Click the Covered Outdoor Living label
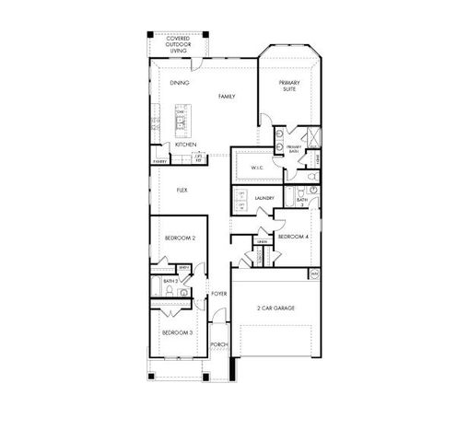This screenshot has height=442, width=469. pyautogui.click(x=178, y=45)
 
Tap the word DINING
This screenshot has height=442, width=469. pyautogui.click(x=179, y=83)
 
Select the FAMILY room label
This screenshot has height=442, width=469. pyautogui.click(x=227, y=96)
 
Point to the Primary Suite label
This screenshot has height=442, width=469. pyautogui.click(x=290, y=85)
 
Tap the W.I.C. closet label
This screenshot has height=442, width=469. pyautogui.click(x=255, y=167)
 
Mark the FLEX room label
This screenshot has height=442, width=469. pyautogui.click(x=182, y=191)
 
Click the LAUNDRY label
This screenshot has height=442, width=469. pyautogui.click(x=265, y=198)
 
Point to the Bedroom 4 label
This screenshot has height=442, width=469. pyautogui.click(x=291, y=237)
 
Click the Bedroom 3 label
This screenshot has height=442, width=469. pyautogui.click(x=177, y=331)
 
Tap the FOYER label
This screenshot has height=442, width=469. pyautogui.click(x=219, y=294)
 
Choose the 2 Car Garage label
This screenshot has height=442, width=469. pyautogui.click(x=275, y=308)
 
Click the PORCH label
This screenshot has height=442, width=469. pyautogui.click(x=219, y=345)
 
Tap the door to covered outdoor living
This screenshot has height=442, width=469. pyautogui.click(x=193, y=62)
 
